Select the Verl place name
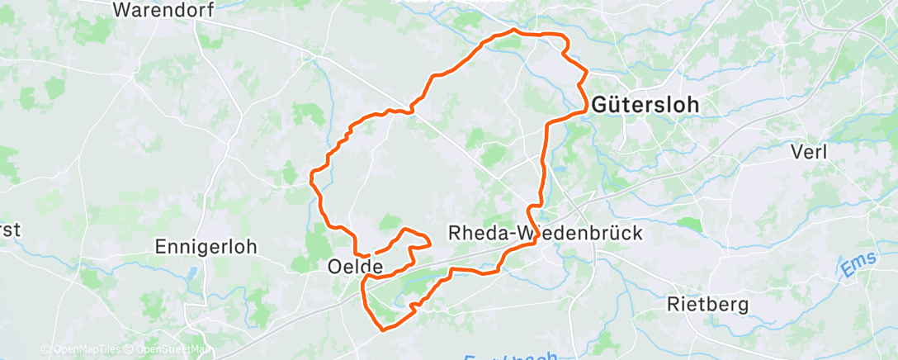click(808, 152)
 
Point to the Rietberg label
click(707, 305)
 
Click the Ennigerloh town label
click(206, 246)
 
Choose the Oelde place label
click(355, 267)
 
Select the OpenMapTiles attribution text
click(80, 350)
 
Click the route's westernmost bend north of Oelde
click(311, 174)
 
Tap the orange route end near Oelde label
click(376, 252)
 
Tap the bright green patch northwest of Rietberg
click(688, 224)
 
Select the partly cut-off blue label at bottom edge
click(511, 355)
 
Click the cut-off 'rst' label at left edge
click(10, 231)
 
